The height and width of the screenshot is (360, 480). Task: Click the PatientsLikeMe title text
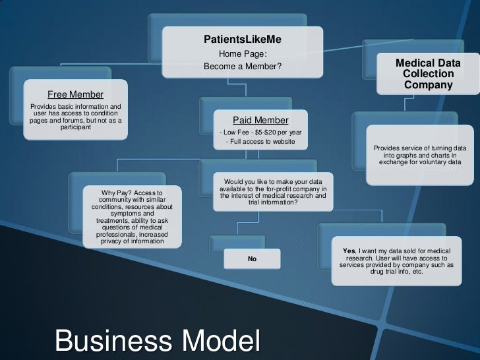[243, 40]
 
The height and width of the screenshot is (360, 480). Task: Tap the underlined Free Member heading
[75, 94]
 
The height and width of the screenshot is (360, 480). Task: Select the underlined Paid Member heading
[260, 120]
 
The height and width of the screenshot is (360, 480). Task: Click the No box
[252, 259]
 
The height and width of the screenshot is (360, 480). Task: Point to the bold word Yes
[349, 251]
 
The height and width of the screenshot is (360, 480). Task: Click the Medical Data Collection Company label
[428, 74]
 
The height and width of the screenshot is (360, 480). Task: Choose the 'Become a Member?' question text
[243, 67]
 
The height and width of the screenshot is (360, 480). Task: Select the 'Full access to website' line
[260, 142]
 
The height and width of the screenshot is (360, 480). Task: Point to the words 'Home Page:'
[243, 54]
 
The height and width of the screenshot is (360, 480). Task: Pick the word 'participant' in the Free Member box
[75, 127]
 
